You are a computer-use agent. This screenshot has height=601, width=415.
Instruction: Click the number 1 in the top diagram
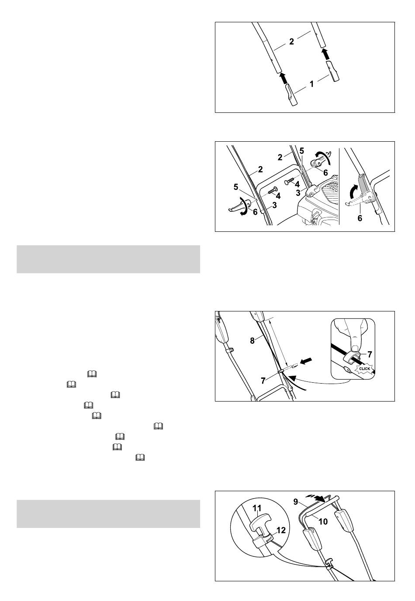(x=311, y=84)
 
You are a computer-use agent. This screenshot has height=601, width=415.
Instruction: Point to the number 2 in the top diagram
(x=291, y=41)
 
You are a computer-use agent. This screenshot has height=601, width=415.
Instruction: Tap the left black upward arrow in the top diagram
(x=282, y=78)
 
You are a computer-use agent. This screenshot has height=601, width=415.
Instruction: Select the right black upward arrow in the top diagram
(x=325, y=54)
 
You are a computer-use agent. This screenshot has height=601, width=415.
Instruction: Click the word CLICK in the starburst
(x=364, y=369)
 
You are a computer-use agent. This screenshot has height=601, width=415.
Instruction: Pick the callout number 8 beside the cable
(x=252, y=340)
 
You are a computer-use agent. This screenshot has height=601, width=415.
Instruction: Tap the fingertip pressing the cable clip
(x=355, y=349)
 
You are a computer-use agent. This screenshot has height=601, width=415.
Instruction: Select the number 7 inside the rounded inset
(x=370, y=354)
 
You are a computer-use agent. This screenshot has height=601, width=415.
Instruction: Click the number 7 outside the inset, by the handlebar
(x=263, y=381)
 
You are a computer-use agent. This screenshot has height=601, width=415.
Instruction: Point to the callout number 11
(x=257, y=508)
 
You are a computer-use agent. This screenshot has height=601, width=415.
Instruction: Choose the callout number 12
(x=281, y=530)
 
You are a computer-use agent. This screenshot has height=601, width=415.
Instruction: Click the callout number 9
(x=295, y=501)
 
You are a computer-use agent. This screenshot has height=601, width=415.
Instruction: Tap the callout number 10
(x=323, y=521)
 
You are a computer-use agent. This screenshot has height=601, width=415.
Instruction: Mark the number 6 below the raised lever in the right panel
(x=360, y=218)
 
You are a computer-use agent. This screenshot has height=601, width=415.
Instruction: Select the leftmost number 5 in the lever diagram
(x=236, y=187)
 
